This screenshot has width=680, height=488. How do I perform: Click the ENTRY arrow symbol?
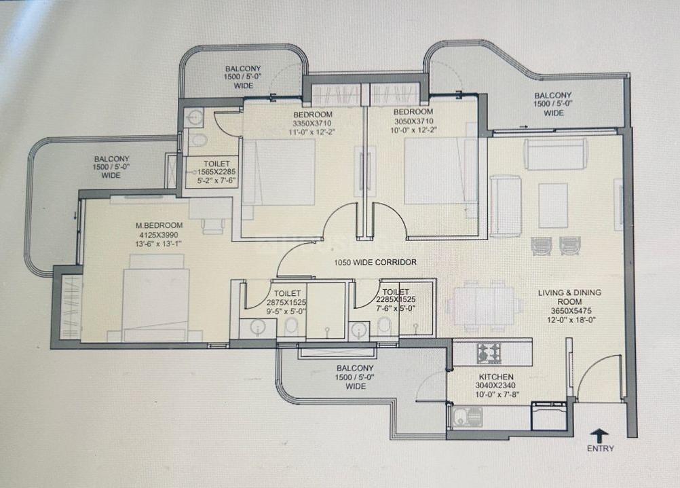(600, 436)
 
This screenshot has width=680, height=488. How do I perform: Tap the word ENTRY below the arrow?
(601, 449)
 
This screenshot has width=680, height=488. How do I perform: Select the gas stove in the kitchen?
(489, 353)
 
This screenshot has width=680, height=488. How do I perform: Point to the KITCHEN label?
(496, 377)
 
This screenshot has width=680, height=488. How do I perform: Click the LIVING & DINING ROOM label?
(570, 297)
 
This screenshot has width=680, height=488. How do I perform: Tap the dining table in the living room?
(484, 305)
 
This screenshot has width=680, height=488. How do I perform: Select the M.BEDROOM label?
(159, 225)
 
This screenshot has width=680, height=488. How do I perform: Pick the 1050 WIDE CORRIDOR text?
(375, 262)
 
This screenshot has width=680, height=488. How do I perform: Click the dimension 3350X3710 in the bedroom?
(312, 124)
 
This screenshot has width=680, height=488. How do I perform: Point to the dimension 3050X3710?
(413, 121)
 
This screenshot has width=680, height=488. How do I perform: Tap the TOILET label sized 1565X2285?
(216, 164)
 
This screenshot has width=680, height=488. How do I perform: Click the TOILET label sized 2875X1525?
(284, 293)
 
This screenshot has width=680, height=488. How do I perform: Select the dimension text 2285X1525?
(396, 299)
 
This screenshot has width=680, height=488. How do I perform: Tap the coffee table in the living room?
(553, 205)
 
